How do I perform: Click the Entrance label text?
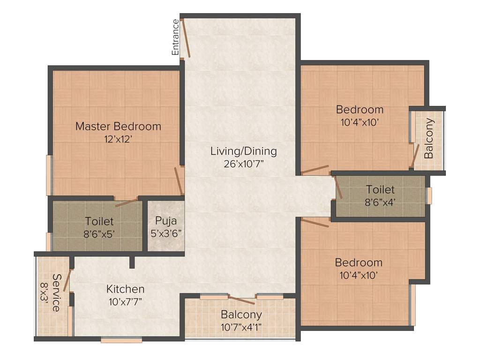pyautogui.click(x=176, y=37)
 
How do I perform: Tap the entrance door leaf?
pyautogui.click(x=186, y=39)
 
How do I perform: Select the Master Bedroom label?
pyautogui.click(x=118, y=126)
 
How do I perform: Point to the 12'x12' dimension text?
pyautogui.click(x=118, y=139)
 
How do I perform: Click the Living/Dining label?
pyautogui.click(x=243, y=151)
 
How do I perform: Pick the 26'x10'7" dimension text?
pyautogui.click(x=243, y=164)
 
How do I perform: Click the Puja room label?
pyautogui.click(x=166, y=220)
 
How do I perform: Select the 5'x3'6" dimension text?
pyautogui.click(x=166, y=232)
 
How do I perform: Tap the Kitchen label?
pyautogui.click(x=125, y=289)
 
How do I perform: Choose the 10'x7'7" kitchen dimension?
pyautogui.click(x=125, y=301)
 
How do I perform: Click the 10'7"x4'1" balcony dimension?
pyautogui.click(x=241, y=327)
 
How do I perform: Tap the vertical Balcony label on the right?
pyautogui.click(x=429, y=138)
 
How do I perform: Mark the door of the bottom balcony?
pyautogui.click(x=241, y=300)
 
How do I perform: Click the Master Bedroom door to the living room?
pyautogui.click(x=179, y=181)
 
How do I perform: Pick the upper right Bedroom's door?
pyautogui.click(x=315, y=170)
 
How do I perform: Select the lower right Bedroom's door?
pyautogui.click(x=315, y=222)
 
